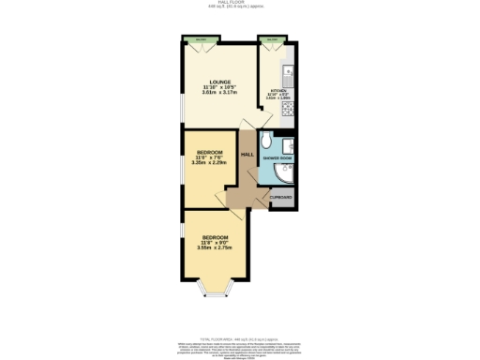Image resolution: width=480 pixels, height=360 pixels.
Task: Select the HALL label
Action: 247,155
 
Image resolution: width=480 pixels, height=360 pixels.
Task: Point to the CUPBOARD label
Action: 281,197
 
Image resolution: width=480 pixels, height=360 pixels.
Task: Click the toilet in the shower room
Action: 268,142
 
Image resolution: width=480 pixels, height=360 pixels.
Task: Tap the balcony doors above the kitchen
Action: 273,40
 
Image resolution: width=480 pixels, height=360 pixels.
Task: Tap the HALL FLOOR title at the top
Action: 239,3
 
